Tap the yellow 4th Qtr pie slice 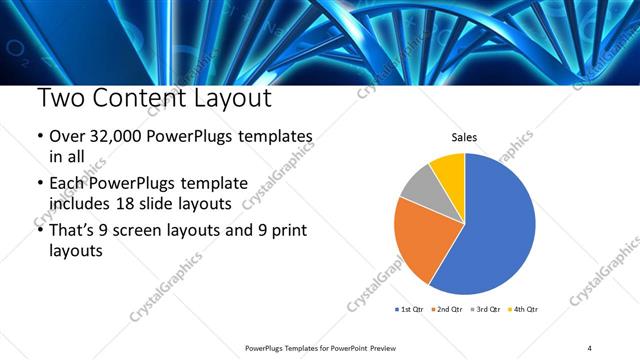449,171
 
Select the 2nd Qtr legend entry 447,309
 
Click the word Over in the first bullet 66,137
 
